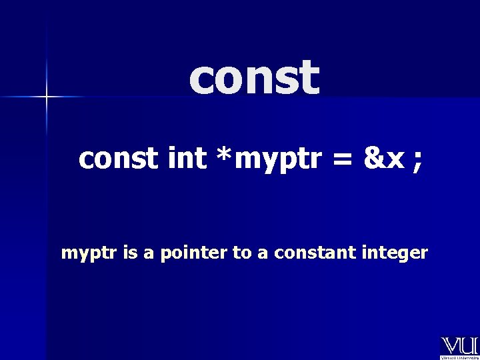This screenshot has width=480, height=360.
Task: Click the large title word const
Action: pyautogui.click(x=254, y=78)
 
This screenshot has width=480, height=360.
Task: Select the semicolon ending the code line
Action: pyautogui.click(x=417, y=162)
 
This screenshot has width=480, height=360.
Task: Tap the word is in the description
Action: pyautogui.click(x=125, y=253)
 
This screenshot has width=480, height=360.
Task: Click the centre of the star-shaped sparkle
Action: pyautogui.click(x=47, y=97)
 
